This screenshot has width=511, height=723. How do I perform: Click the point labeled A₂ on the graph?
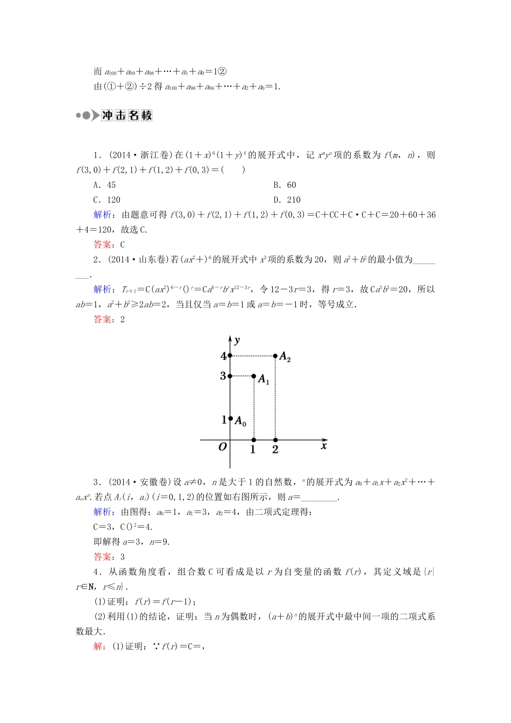[275, 356]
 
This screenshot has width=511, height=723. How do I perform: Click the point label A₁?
[264, 380]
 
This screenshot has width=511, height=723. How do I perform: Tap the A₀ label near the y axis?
[240, 422]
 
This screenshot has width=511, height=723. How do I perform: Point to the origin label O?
[223, 446]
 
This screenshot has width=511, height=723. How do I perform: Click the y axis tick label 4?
[223, 356]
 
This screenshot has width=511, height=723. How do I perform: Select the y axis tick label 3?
[223, 376]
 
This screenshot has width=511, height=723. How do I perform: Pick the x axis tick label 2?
[275, 449]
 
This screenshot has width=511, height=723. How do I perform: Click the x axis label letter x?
[324, 445]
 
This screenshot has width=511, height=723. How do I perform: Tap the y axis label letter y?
[237, 340]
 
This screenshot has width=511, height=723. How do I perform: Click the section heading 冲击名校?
[127, 115]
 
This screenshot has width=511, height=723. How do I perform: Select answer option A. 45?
[104, 185]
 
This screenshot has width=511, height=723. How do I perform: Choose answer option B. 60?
[285, 185]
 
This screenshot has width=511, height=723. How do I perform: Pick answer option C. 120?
[107, 200]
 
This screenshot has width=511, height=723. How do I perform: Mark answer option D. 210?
[287, 200]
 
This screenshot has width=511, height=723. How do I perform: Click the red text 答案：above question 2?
[104, 245]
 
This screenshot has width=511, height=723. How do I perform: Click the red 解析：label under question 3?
[104, 512]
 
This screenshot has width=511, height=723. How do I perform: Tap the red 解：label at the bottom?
[100, 647]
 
